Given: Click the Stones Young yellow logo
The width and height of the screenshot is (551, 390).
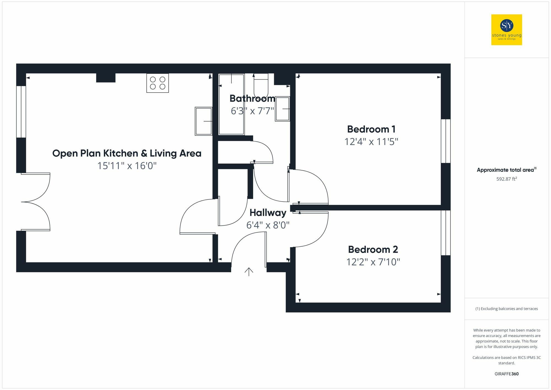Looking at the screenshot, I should pyautogui.click(x=506, y=30).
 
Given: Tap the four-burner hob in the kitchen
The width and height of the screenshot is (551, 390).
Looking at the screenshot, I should pyautogui.click(x=158, y=83).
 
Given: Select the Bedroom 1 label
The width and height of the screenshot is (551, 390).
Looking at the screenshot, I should pyautogui.click(x=371, y=129).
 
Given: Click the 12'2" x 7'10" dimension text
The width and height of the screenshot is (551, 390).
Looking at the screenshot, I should pyautogui.click(x=373, y=262).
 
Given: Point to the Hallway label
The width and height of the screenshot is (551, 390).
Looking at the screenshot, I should pyautogui.click(x=268, y=213).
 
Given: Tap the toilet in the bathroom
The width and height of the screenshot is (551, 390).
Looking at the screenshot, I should pyautogui.click(x=261, y=84).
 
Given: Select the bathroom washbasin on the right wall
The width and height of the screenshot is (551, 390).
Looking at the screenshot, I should pyautogui.click(x=282, y=109).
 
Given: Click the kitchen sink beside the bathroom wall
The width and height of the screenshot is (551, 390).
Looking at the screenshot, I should pyautogui.click(x=204, y=121).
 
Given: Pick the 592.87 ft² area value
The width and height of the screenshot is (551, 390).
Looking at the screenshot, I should pyautogui.click(x=506, y=179).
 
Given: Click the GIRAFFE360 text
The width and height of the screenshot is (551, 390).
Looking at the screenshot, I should pyautogui.click(x=506, y=374).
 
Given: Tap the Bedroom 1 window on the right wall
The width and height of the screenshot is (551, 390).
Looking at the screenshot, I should pyautogui.click(x=445, y=141).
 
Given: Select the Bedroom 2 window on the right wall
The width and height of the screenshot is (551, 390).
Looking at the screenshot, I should pyautogui.click(x=445, y=233).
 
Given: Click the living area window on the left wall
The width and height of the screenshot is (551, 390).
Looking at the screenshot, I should pyautogui.click(x=21, y=112).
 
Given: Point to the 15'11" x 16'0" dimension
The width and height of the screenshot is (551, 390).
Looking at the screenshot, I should pyautogui.click(x=127, y=166).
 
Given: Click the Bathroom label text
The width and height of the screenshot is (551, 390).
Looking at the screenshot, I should pyautogui.click(x=252, y=98).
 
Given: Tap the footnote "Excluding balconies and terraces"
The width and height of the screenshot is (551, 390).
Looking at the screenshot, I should pyautogui.click(x=506, y=309).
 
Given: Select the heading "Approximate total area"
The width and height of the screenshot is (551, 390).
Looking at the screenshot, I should pyautogui.click(x=506, y=170).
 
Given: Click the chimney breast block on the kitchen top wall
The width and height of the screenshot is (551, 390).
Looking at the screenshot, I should pyautogui.click(x=106, y=78).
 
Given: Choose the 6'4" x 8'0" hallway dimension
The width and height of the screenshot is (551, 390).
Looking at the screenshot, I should pyautogui.click(x=268, y=225).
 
